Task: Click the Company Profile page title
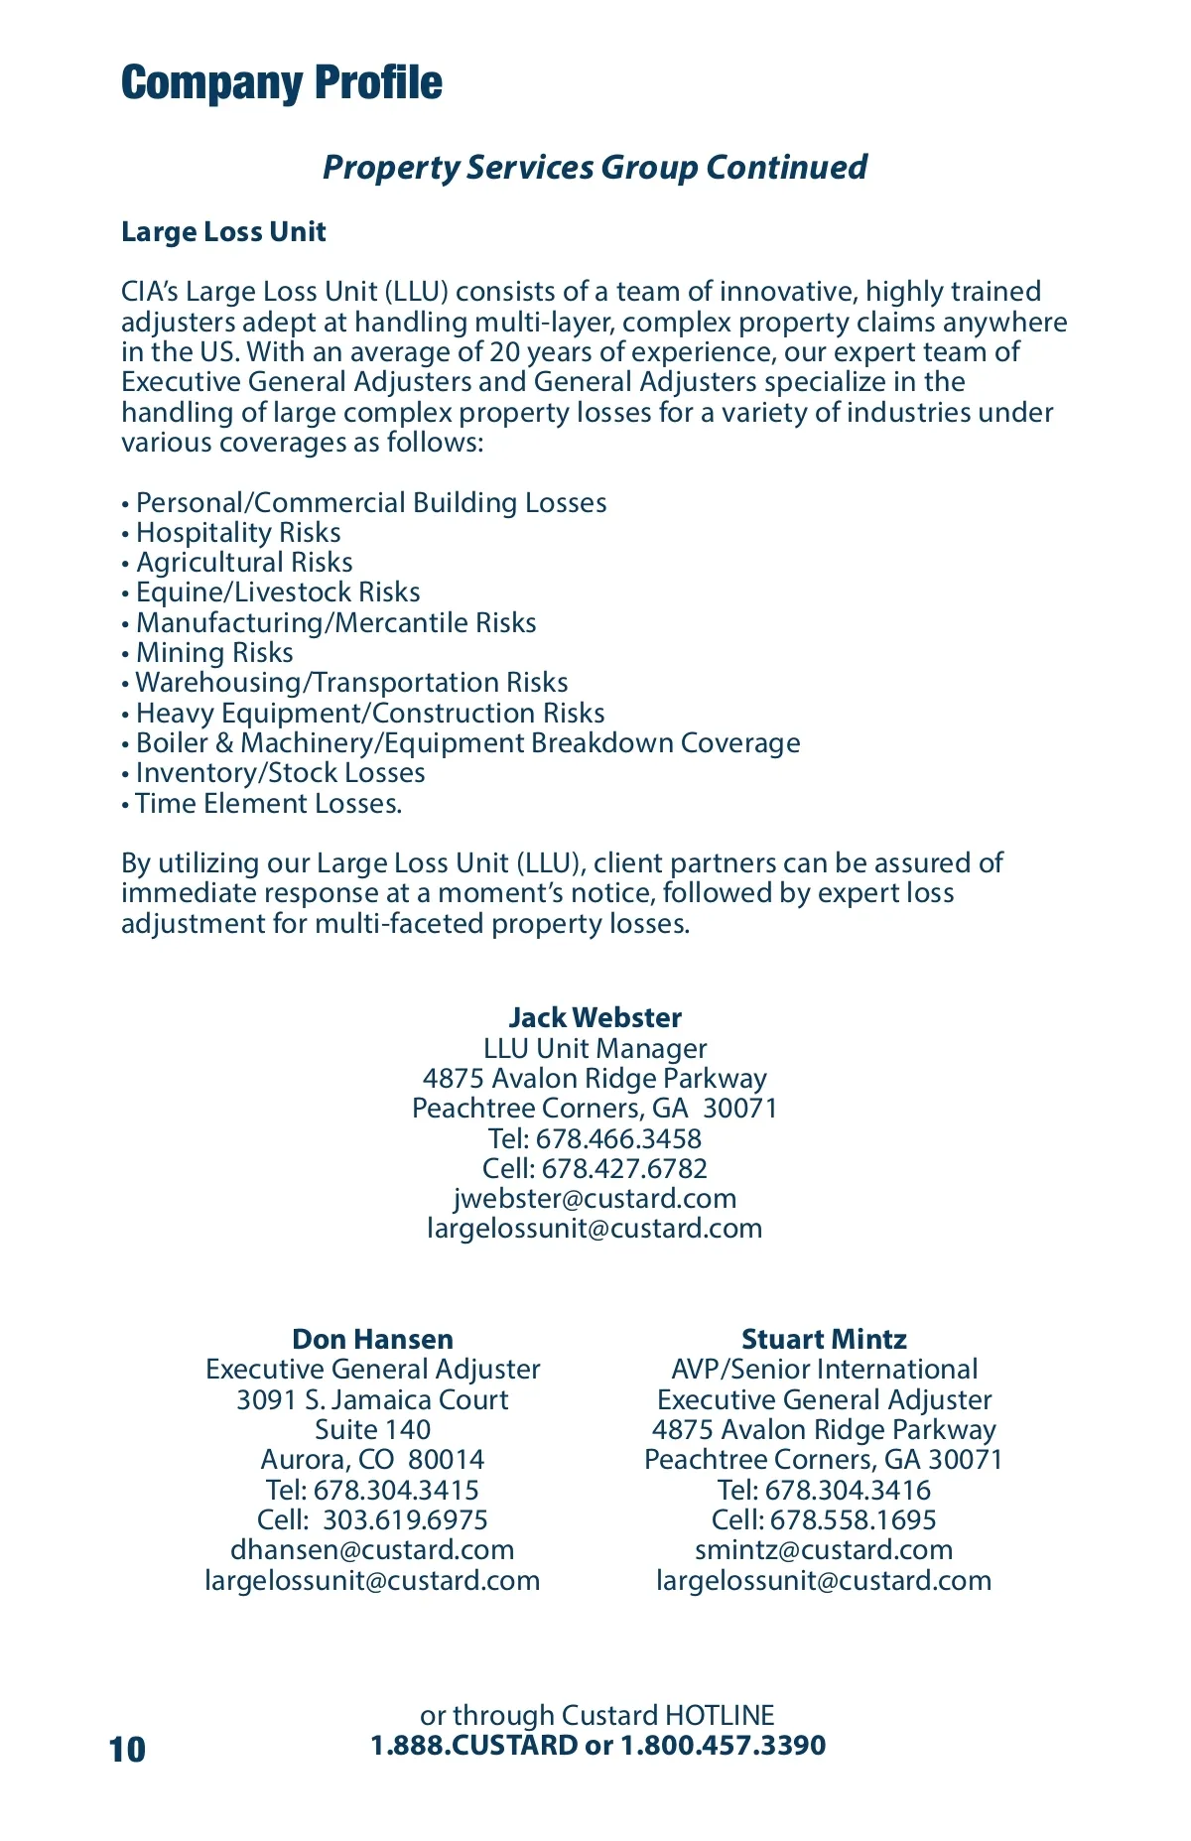[282, 83]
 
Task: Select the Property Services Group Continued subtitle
[595, 167]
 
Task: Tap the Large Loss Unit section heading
[223, 232]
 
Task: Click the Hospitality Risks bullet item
[238, 533]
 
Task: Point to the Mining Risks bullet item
[214, 653]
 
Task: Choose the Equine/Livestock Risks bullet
[278, 592]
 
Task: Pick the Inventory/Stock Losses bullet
[280, 773]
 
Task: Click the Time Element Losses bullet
[268, 804]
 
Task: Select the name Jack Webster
[595, 1018]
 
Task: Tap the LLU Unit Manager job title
[595, 1049]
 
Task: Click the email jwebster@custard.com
[595, 1199]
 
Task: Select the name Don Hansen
[372, 1340]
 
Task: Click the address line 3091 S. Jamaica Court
[372, 1400]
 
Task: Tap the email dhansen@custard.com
[372, 1550]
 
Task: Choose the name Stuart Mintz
[824, 1340]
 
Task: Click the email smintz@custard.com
[824, 1550]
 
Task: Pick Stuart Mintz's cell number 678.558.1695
[853, 1520]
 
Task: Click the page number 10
[128, 1750]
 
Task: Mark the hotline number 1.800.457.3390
[723, 1746]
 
